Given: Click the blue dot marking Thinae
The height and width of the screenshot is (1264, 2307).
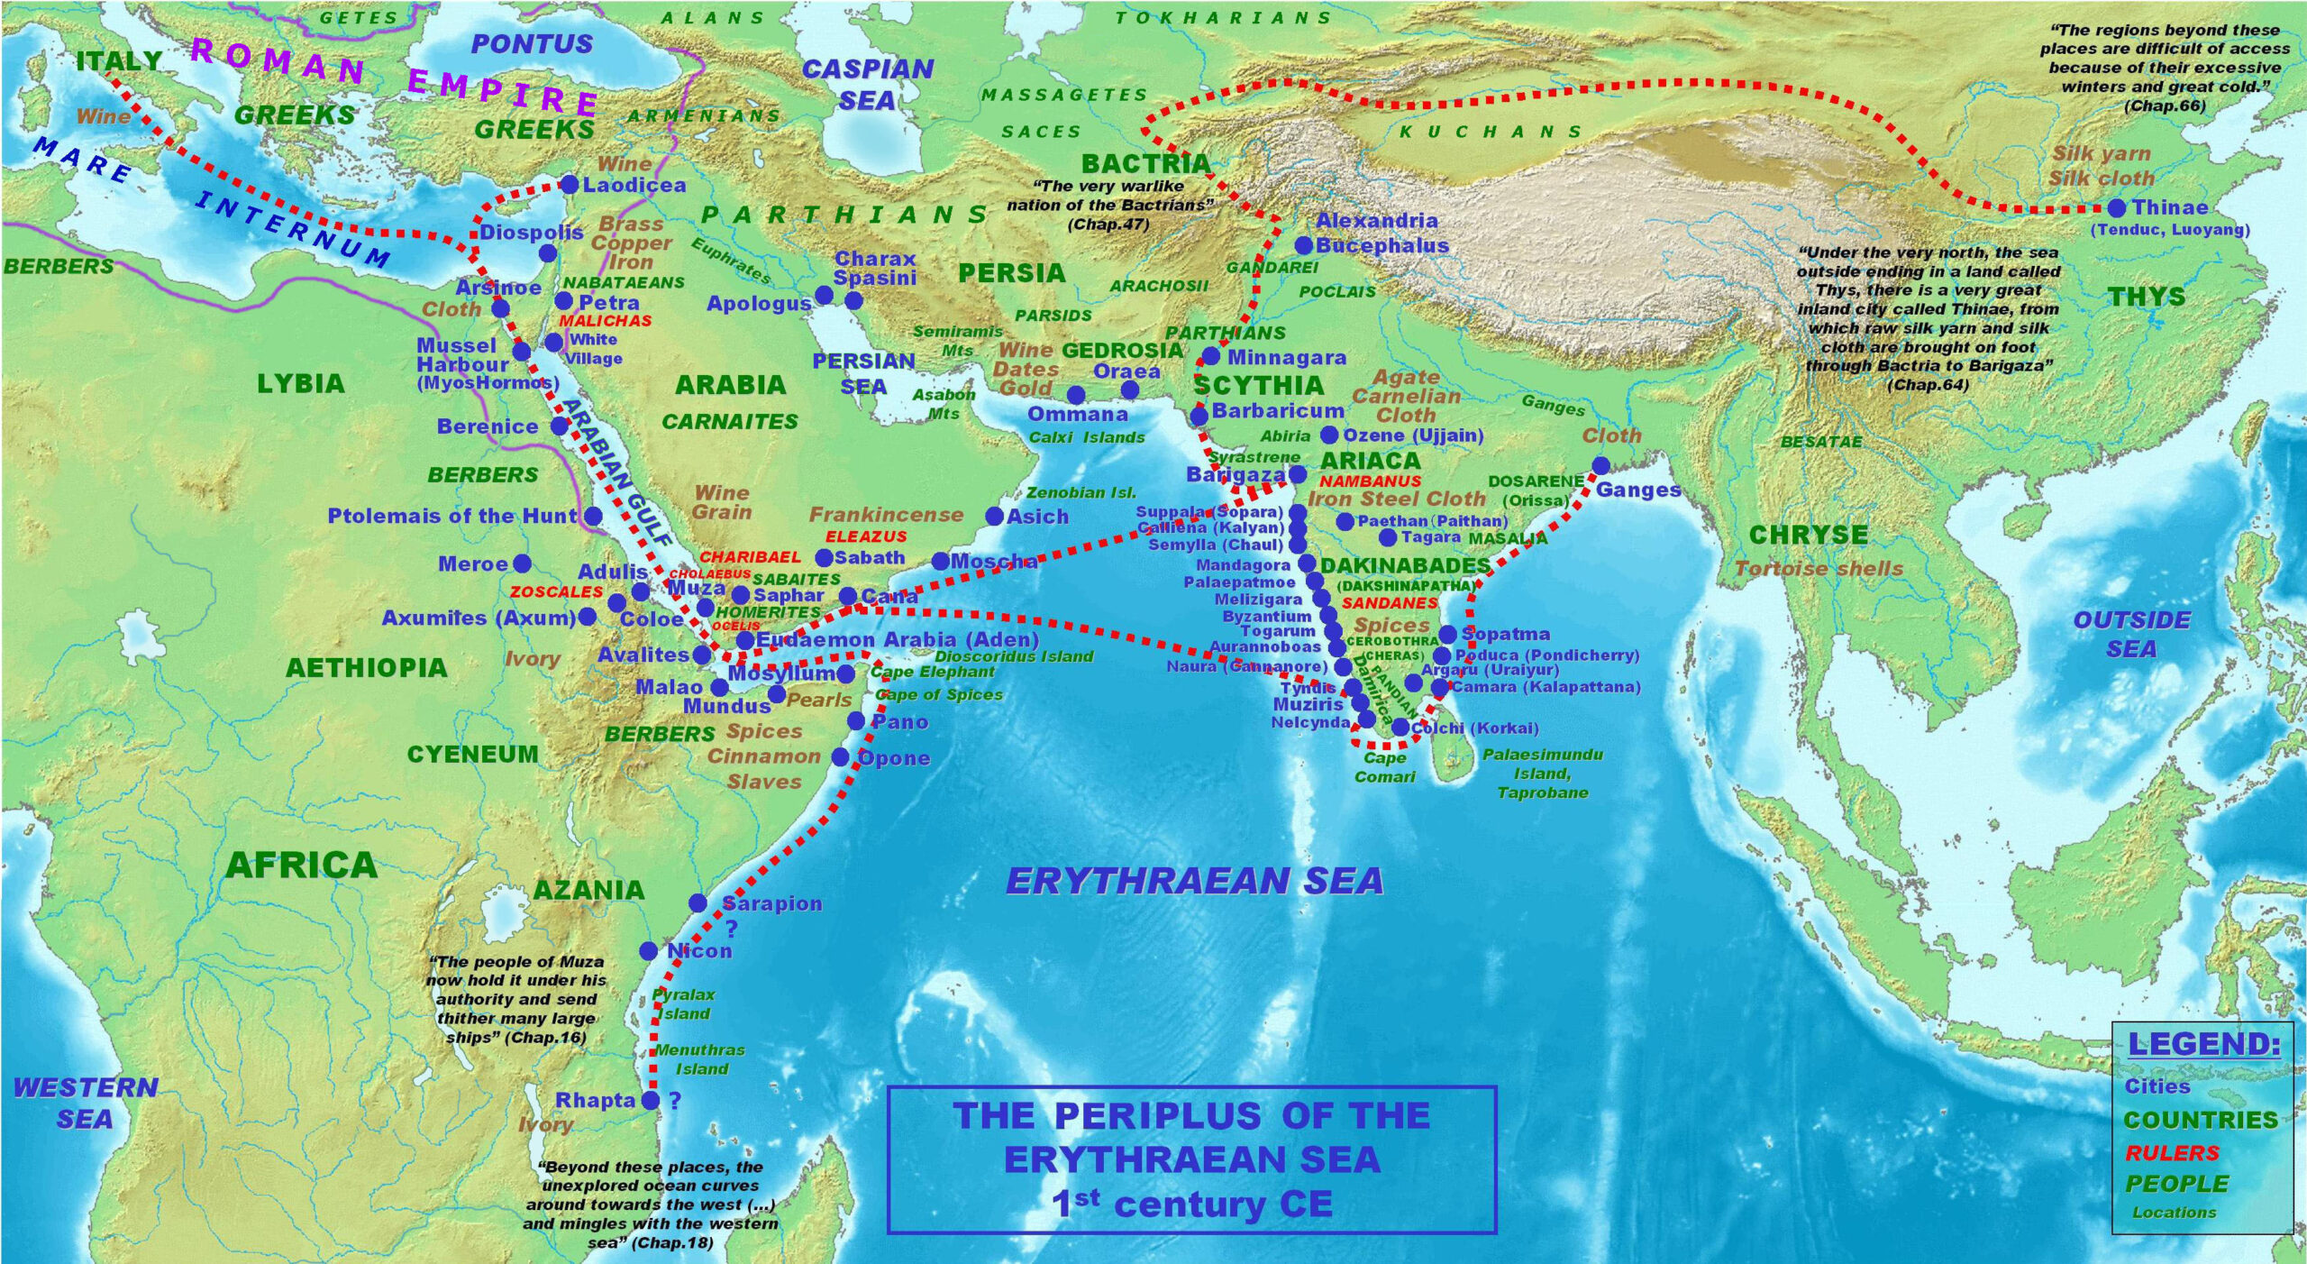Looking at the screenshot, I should pyautogui.click(x=2117, y=208).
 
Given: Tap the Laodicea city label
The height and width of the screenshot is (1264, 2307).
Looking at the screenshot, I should pyautogui.click(x=634, y=185).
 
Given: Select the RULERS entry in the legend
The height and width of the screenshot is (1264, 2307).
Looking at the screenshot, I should pyautogui.click(x=2172, y=1152).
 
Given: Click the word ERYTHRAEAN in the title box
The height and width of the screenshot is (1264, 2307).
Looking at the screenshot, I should pyautogui.click(x=1191, y=1159).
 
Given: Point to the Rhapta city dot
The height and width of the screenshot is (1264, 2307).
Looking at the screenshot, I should pyautogui.click(x=651, y=1100).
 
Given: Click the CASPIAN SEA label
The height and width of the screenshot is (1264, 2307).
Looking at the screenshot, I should pyautogui.click(x=867, y=84).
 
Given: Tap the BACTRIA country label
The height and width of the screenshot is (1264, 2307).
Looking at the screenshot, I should pyautogui.click(x=1145, y=163).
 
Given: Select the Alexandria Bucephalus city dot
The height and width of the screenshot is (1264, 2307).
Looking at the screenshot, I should pyautogui.click(x=1303, y=245).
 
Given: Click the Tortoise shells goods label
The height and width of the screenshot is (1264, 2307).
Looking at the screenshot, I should pyautogui.click(x=1819, y=569).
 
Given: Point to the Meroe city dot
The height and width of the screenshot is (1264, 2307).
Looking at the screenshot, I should pyautogui.click(x=522, y=563).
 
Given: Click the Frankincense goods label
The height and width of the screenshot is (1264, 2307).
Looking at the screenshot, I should pyautogui.click(x=886, y=515).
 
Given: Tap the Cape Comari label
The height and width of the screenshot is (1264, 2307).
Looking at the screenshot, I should pyautogui.click(x=1384, y=766).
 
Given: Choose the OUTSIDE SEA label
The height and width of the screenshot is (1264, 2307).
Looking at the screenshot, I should pyautogui.click(x=2130, y=634).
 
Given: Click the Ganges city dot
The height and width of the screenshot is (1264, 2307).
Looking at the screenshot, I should pyautogui.click(x=1600, y=465).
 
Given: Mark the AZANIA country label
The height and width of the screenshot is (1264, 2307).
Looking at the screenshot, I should pyautogui.click(x=588, y=890).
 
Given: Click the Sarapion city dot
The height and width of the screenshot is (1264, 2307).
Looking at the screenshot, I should pyautogui.click(x=698, y=902).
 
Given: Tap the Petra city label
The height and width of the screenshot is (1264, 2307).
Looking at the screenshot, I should pyautogui.click(x=608, y=302).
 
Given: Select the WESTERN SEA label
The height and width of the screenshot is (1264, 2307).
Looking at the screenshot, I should pyautogui.click(x=85, y=1103).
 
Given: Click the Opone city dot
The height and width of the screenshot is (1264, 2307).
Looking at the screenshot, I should pyautogui.click(x=840, y=757).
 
